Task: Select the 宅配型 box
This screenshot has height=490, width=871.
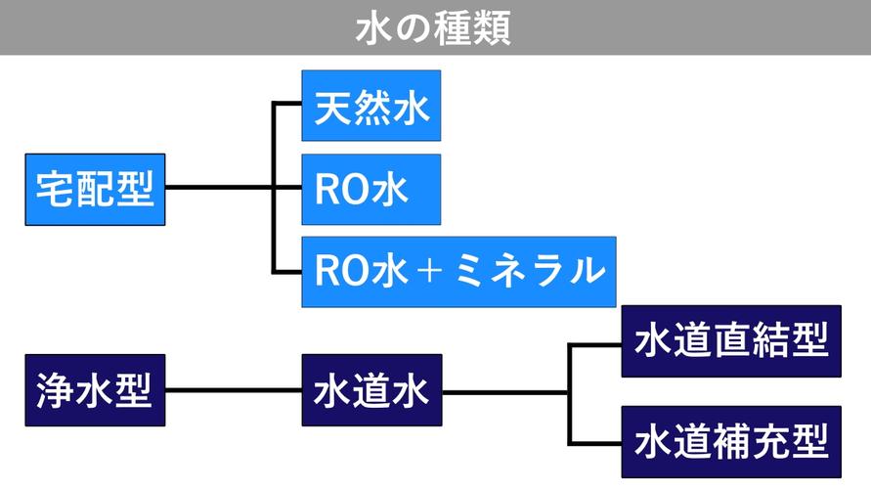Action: point(95,189)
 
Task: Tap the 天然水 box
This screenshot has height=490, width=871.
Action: point(370,106)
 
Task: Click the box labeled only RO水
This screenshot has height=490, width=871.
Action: point(370,189)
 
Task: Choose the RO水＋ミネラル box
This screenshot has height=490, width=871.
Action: point(458,271)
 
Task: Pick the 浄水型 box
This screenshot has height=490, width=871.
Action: point(95,390)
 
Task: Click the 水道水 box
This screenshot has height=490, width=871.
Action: point(371,390)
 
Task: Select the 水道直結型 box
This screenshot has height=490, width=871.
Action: point(731,340)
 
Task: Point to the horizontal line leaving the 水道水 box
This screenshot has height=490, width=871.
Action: point(504,391)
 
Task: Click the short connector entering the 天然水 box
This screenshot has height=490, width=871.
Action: point(287,104)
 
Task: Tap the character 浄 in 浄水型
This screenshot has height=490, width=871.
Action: point(53,390)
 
